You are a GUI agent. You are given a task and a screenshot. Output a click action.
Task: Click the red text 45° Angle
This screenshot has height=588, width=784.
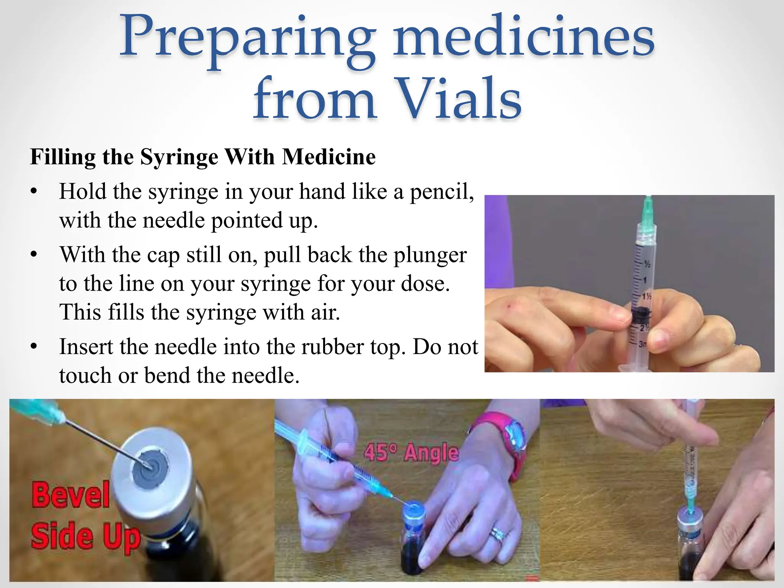[x=411, y=453]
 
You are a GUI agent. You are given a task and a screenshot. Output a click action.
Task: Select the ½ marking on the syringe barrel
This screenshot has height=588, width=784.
[x=647, y=264]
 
